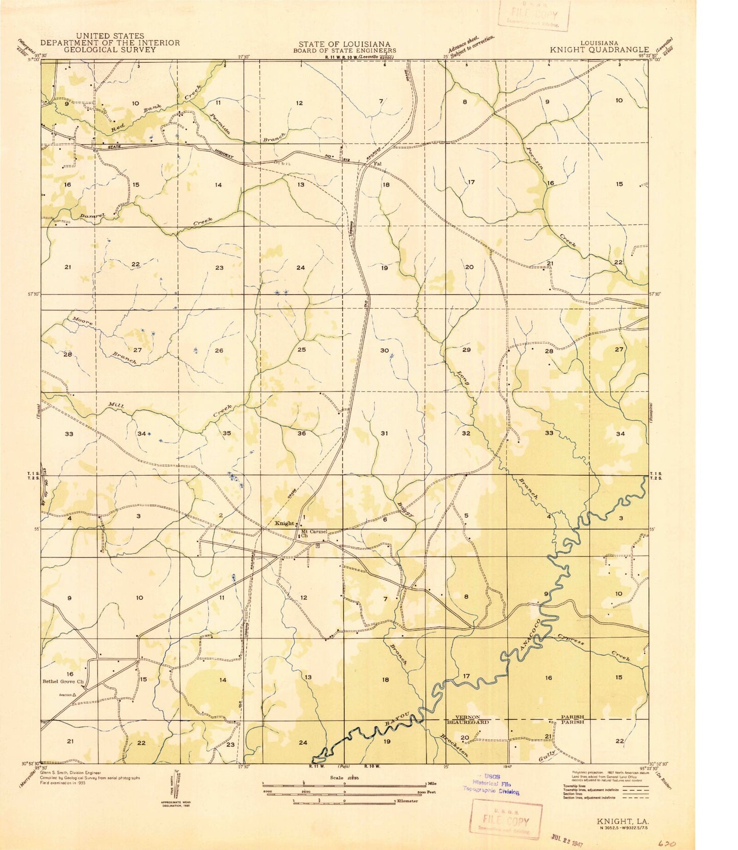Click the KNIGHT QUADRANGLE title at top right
599,50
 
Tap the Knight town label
284,523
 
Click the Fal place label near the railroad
378,164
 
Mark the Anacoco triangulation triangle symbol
75,695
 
